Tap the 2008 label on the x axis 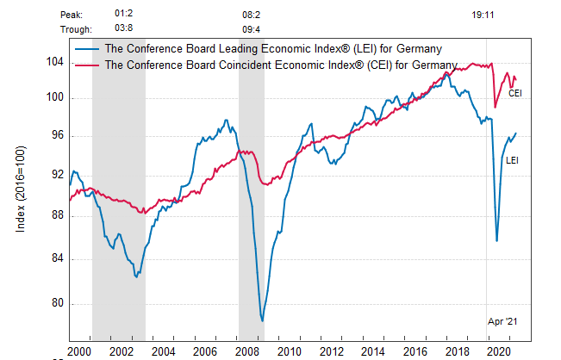click(x=246, y=351)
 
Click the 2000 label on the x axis click(x=78, y=351)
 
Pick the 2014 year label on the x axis click(x=372, y=351)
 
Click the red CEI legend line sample click(x=85, y=65)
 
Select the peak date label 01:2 click(x=124, y=15)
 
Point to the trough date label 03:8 click(x=124, y=28)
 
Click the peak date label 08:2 click(x=251, y=15)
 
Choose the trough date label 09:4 click(x=251, y=28)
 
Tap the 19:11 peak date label click(x=483, y=15)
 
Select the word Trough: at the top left click(x=77, y=28)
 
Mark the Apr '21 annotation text click(x=502, y=320)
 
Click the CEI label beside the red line click(x=515, y=92)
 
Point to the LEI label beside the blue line click(x=511, y=160)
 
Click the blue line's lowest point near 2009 click(x=262, y=320)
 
